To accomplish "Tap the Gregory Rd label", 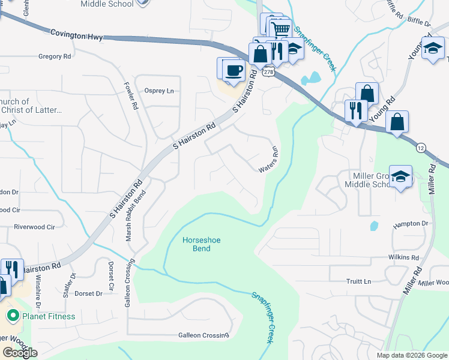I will coord(54,56).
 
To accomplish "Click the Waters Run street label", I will coord(270,160).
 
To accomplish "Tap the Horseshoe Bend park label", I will coord(202,244).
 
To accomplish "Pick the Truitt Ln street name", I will coord(359,281).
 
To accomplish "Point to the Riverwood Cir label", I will coord(34,227).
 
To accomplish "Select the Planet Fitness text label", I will coord(49,316).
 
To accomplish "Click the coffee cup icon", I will coord(234,70).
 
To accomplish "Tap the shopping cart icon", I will coord(281,28).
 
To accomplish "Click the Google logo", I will coord(20,353).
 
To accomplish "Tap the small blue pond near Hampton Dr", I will coord(374,226).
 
